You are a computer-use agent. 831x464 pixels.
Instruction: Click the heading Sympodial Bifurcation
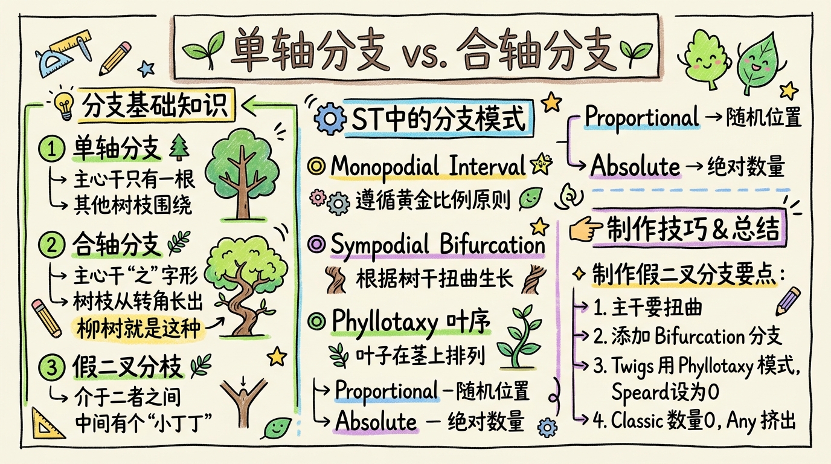tap(438, 245)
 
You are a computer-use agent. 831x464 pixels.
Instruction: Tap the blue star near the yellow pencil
tap(146, 68)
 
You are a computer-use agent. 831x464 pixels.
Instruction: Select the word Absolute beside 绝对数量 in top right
tap(635, 165)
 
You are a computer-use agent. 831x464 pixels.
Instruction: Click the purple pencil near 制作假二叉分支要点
tap(789, 300)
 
